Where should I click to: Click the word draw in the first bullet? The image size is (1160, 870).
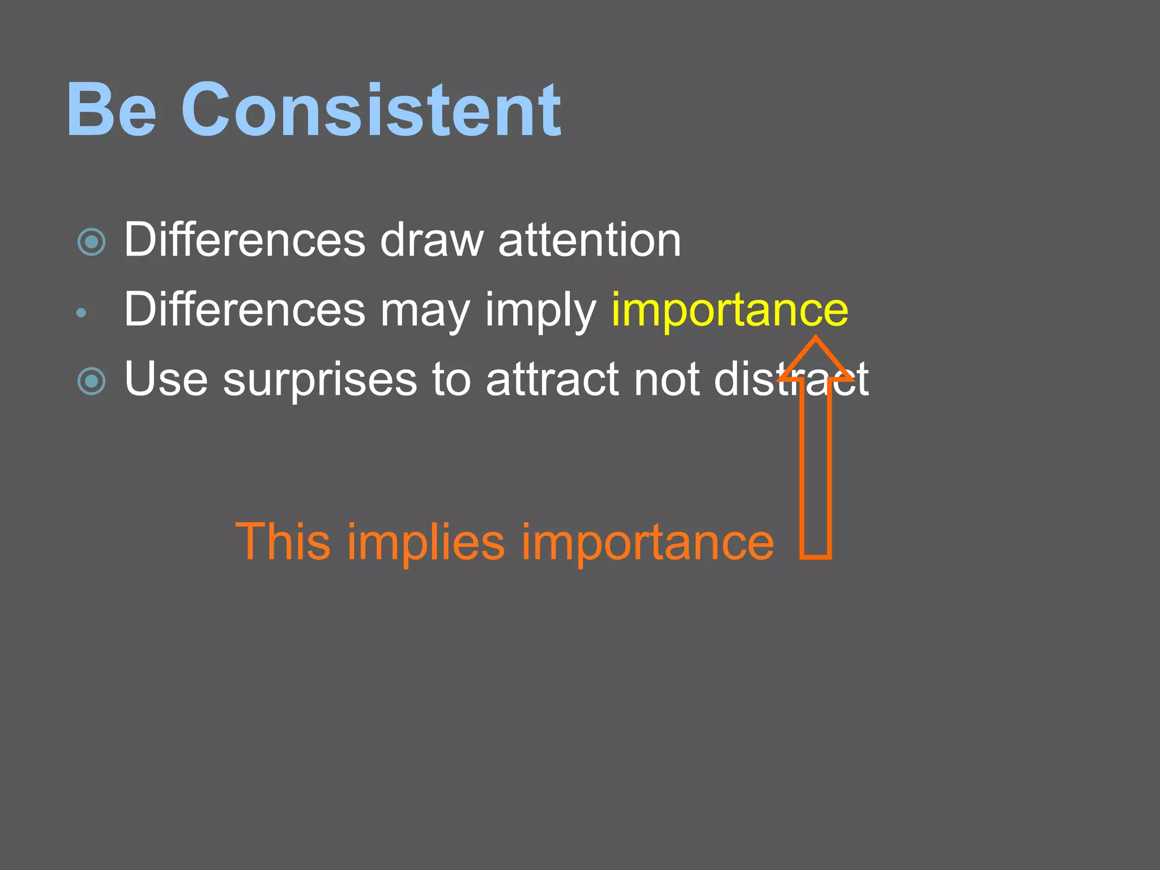click(x=432, y=240)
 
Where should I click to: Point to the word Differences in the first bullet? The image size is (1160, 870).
click(x=245, y=240)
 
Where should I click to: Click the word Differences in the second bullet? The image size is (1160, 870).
click(x=245, y=310)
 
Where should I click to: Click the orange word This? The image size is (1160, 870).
click(x=283, y=541)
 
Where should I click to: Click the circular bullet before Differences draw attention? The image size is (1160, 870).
click(x=91, y=242)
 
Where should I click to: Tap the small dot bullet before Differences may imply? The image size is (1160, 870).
click(x=81, y=312)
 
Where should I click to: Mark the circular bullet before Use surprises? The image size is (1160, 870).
click(x=91, y=381)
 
